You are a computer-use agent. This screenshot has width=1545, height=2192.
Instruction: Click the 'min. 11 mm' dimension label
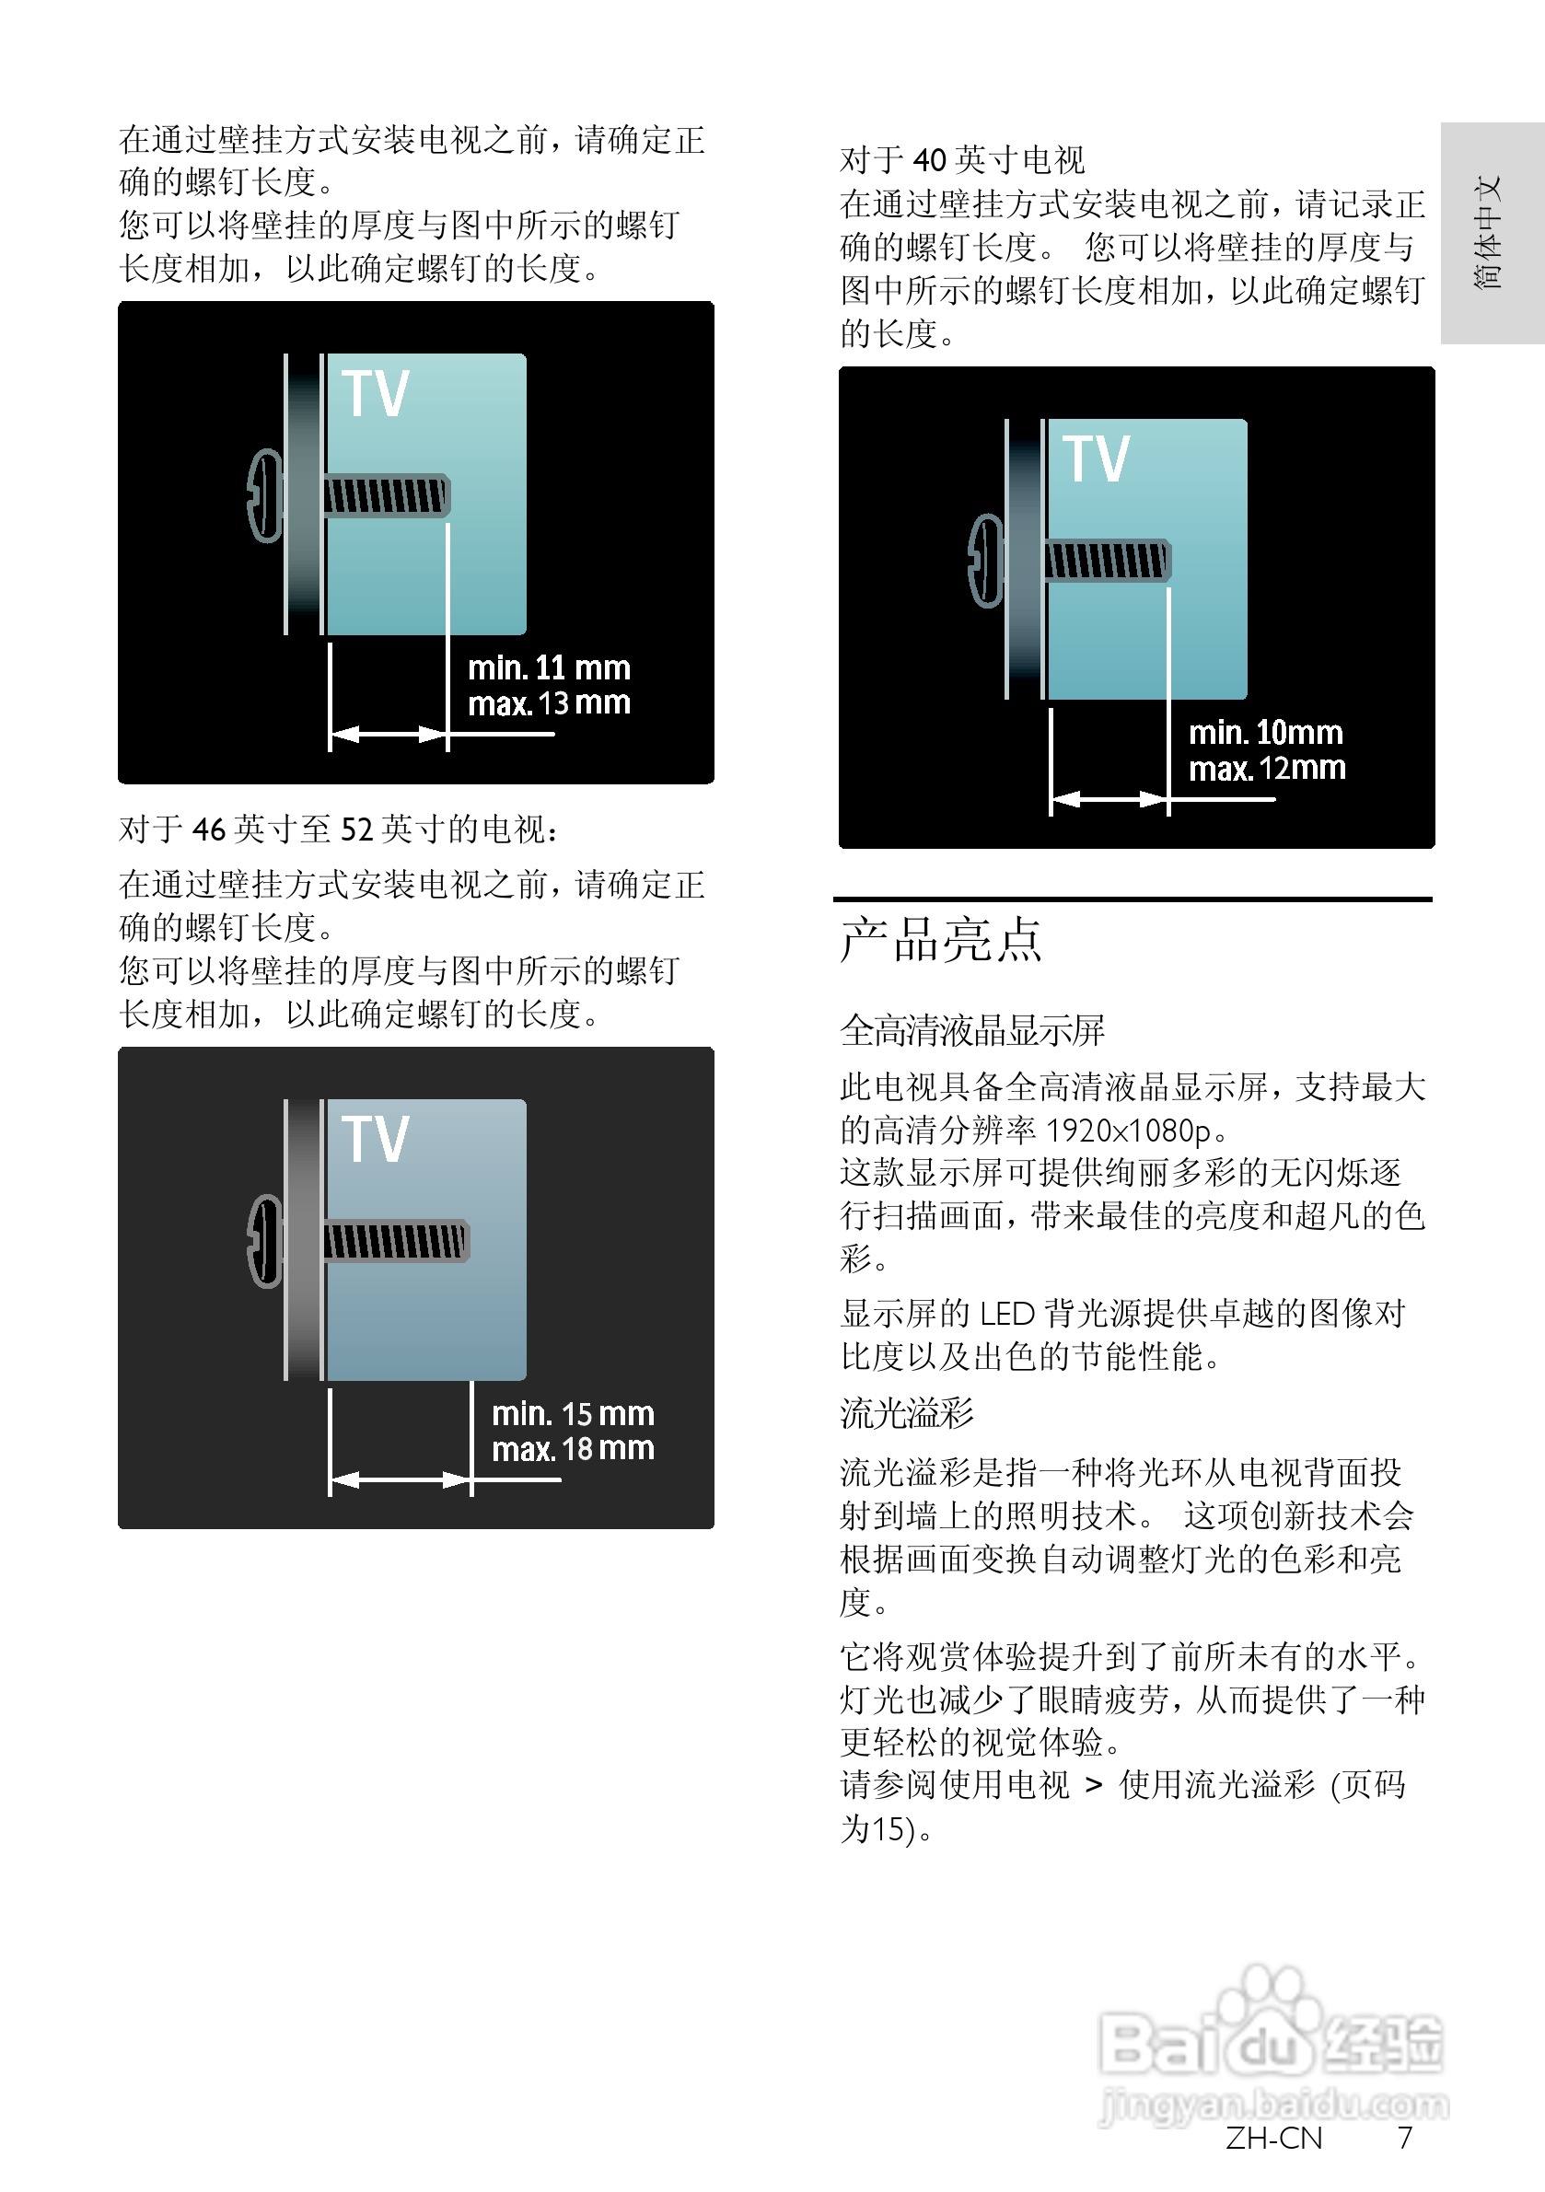click(548, 667)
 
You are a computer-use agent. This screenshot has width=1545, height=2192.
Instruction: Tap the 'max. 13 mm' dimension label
click(548, 703)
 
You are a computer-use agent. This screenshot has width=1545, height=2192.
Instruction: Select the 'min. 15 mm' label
click(572, 1413)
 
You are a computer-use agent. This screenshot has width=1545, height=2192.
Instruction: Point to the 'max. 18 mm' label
click(572, 1449)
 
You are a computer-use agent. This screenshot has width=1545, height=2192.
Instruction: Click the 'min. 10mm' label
click(1265, 732)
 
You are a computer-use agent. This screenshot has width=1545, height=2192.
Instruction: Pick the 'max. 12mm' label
click(1266, 769)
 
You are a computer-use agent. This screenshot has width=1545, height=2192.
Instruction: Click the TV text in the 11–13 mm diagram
click(376, 393)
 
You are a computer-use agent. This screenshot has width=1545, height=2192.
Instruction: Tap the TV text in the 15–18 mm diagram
click(376, 1139)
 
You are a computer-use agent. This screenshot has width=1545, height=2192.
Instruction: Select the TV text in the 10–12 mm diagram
click(1097, 458)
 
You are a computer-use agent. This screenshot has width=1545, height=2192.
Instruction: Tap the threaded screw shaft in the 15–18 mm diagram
click(395, 1241)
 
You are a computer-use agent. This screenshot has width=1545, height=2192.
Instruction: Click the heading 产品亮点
click(941, 939)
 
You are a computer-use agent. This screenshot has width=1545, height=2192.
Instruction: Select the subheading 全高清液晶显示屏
click(972, 1030)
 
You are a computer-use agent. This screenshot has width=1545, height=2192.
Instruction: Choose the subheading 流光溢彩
click(906, 1413)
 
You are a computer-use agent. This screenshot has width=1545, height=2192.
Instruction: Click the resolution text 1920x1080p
click(1128, 1131)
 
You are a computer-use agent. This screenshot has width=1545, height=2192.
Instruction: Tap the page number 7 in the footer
click(1404, 2139)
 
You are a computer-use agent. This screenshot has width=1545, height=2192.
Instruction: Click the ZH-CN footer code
click(1273, 2139)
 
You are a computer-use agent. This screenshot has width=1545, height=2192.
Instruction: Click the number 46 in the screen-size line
click(209, 829)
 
